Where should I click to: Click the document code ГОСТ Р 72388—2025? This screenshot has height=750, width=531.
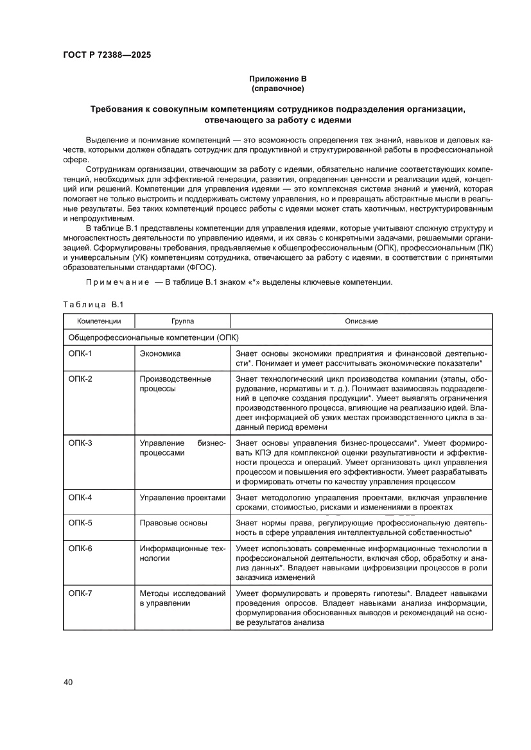click(x=107, y=55)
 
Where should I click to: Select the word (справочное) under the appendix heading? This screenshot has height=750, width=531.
click(x=277, y=88)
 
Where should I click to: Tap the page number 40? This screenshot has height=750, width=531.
click(x=69, y=682)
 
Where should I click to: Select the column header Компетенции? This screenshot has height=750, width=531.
click(x=99, y=321)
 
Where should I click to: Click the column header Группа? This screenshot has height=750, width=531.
click(x=182, y=321)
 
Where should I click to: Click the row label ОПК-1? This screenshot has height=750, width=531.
click(x=80, y=354)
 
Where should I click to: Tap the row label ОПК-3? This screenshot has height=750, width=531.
click(x=80, y=443)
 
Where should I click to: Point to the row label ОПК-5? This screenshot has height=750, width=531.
click(x=80, y=523)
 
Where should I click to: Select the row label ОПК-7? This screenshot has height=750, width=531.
click(x=80, y=593)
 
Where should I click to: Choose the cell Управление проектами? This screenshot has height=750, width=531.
click(x=183, y=498)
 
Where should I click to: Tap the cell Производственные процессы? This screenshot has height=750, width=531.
click(x=175, y=384)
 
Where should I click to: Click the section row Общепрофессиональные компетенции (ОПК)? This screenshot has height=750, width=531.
click(x=153, y=337)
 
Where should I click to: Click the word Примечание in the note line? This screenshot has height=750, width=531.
click(x=112, y=283)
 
